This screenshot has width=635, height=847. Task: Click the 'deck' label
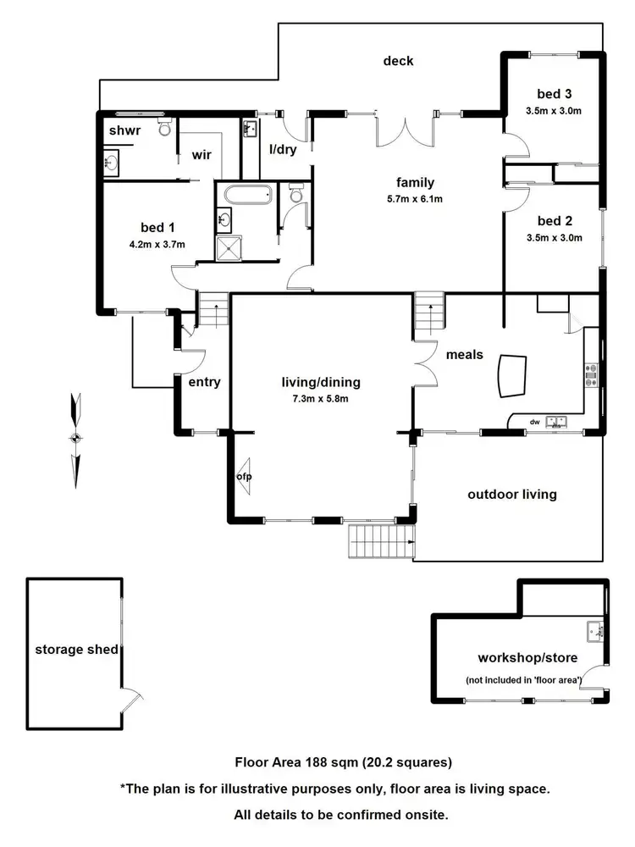coord(398,60)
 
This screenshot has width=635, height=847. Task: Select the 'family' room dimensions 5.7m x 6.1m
coord(415,200)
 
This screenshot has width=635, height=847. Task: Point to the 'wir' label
coord(202,155)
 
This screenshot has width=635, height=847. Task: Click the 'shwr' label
coord(124,130)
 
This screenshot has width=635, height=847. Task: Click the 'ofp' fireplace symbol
coord(245,473)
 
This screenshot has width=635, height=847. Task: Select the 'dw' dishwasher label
coord(534,421)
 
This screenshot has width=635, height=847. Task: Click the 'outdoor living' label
coord(512,494)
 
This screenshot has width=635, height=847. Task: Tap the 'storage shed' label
coord(75,650)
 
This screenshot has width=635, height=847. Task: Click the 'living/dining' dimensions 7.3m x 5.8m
coord(314,399)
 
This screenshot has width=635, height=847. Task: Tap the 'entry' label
coord(204,382)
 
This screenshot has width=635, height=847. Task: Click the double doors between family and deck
coord(404,133)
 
